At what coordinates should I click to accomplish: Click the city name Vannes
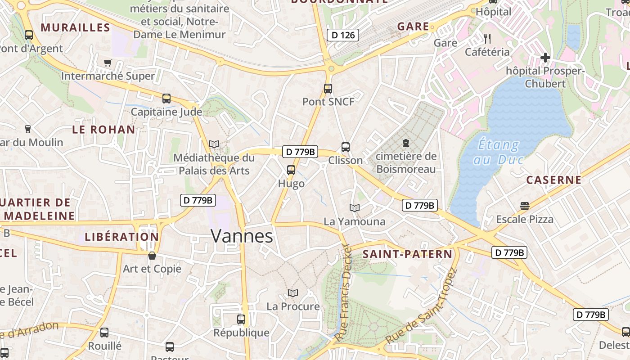[242, 236]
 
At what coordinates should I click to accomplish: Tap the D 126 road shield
[342, 35]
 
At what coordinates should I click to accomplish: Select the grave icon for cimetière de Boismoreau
[406, 143]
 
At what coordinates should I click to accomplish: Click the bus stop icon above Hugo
[291, 170]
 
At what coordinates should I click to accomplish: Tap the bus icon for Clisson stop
[345, 147]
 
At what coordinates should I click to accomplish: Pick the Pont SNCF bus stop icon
[328, 89]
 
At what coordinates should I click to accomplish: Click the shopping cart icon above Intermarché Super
[108, 63]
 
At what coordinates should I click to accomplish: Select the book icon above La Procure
[293, 293]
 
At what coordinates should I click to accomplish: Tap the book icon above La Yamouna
[355, 208]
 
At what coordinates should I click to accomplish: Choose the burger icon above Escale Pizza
[524, 206]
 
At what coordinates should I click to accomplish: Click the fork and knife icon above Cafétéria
[487, 38]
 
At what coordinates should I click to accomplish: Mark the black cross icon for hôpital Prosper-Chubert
[545, 58]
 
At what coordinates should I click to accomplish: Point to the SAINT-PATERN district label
[407, 254]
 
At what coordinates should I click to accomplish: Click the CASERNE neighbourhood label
[554, 180]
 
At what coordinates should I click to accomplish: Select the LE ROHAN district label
[103, 130]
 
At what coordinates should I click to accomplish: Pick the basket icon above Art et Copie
[152, 256]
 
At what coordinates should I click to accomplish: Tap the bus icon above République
[241, 319]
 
